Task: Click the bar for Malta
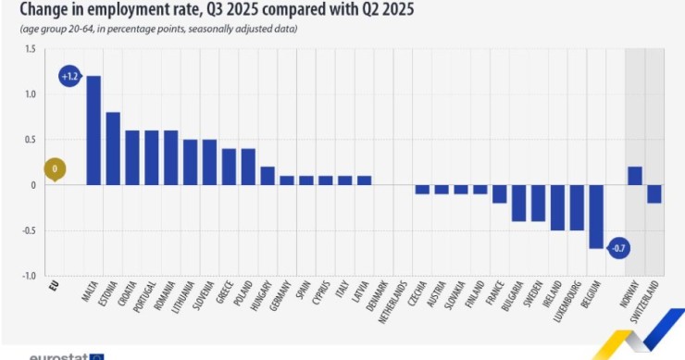[93, 130]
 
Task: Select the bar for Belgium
[595, 217]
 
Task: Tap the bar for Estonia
[113, 148]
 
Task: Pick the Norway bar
[634, 176]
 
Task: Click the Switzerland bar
[654, 194]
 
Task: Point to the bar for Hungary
[268, 176]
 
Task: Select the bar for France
[499, 194]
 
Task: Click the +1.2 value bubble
[68, 77]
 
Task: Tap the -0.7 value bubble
[618, 248]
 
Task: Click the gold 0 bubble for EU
[55, 169]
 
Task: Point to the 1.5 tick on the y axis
[31, 49]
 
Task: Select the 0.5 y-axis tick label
[31, 140]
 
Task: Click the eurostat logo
[65, 355]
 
